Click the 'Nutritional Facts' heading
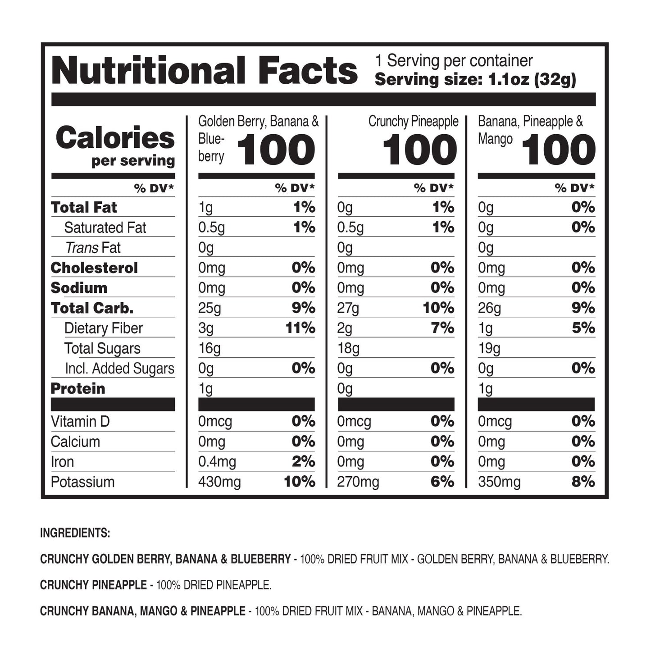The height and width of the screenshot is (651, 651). (x=205, y=71)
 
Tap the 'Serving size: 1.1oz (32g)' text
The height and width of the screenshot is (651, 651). (x=475, y=80)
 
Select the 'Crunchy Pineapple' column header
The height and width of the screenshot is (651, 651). (x=413, y=121)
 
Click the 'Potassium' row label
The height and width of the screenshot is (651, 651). (x=82, y=482)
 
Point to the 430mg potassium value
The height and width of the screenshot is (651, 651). (x=219, y=482)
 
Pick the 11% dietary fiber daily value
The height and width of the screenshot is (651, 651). (x=300, y=328)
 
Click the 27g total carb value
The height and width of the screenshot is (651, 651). (x=348, y=308)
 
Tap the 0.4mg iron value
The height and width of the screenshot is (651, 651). (x=217, y=462)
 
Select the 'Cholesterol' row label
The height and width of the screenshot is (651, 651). (x=94, y=268)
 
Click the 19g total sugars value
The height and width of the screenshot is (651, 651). (x=489, y=348)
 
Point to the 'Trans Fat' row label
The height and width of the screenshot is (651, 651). (x=93, y=248)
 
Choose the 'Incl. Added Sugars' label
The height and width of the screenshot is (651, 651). (x=119, y=369)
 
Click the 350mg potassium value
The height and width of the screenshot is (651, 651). (x=499, y=482)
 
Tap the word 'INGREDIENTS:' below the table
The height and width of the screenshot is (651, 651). (x=75, y=533)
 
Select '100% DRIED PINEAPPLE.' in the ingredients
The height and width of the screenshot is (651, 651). (x=214, y=585)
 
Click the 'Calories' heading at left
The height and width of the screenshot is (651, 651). (x=115, y=138)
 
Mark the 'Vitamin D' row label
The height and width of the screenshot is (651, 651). (x=80, y=422)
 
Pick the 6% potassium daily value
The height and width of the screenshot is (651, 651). (x=442, y=482)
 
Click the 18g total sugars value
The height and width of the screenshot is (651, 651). (x=348, y=348)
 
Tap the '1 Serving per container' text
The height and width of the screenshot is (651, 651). (x=454, y=60)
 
